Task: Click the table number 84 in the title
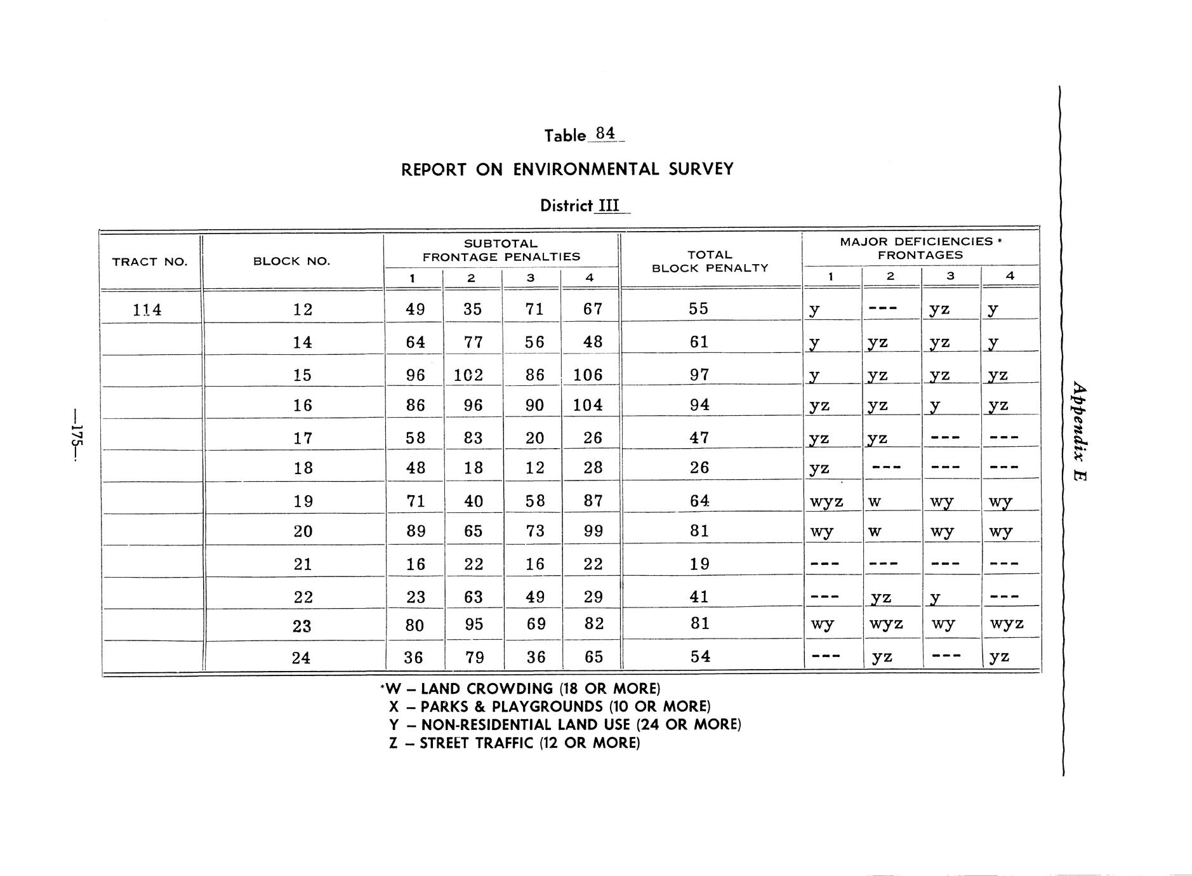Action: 606,133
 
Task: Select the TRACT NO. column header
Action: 150,262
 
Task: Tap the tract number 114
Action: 147,310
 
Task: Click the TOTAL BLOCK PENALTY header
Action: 710,262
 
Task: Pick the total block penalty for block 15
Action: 699,375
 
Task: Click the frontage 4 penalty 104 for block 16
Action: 587,405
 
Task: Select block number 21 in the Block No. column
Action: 303,564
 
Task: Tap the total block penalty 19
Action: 699,564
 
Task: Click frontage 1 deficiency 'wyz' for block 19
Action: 826,501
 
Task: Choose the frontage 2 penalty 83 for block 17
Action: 473,438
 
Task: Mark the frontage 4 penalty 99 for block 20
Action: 592,531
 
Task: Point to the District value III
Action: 609,206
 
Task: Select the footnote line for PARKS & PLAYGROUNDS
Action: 550,707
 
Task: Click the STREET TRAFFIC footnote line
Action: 514,743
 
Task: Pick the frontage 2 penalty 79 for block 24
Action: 474,657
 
